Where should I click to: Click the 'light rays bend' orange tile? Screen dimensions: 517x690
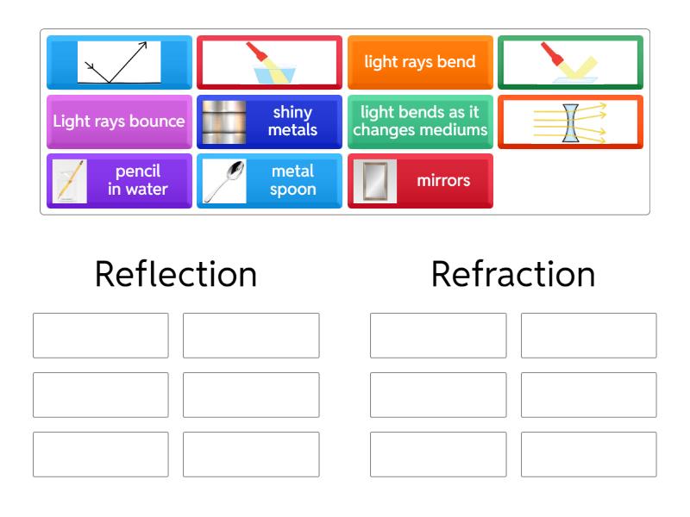point(420,62)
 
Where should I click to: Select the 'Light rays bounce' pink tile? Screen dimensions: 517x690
point(119,121)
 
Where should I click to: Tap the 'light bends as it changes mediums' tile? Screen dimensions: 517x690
point(420,121)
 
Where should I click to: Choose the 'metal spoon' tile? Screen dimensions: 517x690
point(269,181)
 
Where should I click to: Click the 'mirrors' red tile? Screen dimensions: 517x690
point(420,181)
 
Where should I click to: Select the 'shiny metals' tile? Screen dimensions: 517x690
point(269,121)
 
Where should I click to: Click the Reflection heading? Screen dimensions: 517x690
point(176,274)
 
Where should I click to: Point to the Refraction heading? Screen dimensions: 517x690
point(513,274)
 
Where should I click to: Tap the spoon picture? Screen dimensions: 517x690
point(224,181)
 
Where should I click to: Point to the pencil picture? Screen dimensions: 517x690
point(70,181)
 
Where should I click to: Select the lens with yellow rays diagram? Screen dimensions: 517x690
point(570,122)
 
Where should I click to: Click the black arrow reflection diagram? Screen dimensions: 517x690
point(119,62)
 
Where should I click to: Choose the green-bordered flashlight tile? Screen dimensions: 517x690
point(570,62)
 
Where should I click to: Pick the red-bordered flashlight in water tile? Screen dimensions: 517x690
point(269,62)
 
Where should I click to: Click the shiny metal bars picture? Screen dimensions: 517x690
point(224,121)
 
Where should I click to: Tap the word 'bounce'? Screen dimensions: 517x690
point(160,121)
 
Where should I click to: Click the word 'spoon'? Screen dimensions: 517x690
point(292,190)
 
